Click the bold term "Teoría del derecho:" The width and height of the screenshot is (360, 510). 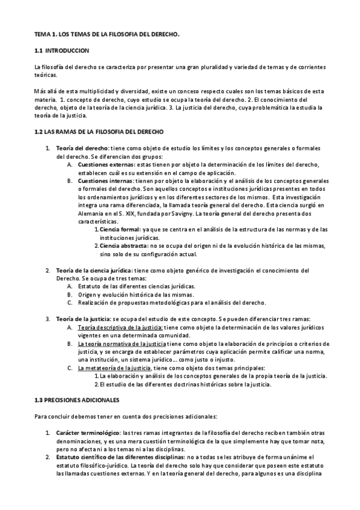pos(82,148)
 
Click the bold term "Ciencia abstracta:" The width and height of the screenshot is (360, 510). pos(123,245)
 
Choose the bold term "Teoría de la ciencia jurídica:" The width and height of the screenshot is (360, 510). pos(98,270)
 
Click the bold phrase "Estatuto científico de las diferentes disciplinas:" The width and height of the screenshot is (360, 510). pos(120,457)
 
